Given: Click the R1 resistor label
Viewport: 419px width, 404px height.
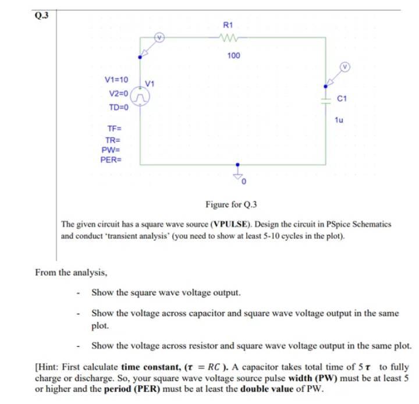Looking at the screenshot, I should (228, 26).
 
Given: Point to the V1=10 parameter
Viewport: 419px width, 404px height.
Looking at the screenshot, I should (116, 79).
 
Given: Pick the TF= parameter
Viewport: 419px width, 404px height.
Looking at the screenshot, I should (114, 128).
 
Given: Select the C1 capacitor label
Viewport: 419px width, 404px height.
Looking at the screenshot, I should (342, 100).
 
